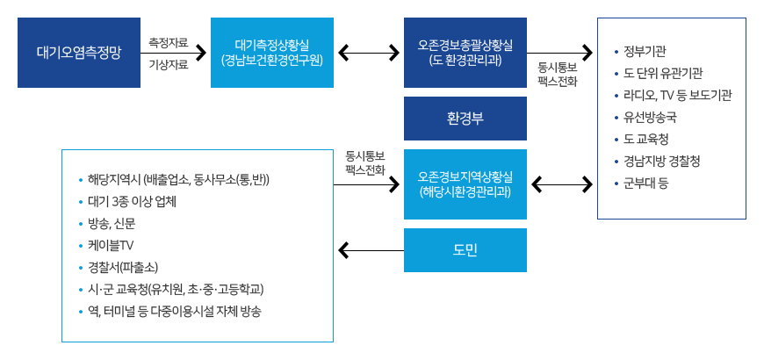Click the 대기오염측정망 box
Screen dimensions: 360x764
click(x=79, y=53)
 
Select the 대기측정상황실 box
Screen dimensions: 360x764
click(x=272, y=53)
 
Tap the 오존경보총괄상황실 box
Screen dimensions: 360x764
click(x=465, y=53)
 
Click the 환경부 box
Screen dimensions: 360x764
click(x=465, y=119)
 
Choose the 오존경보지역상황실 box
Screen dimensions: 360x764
click(x=465, y=184)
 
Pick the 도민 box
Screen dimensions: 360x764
click(x=465, y=250)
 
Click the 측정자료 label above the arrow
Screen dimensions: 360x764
click(x=169, y=41)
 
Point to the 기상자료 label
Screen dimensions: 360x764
click(x=169, y=64)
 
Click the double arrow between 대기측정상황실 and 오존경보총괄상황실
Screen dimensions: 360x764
click(x=369, y=54)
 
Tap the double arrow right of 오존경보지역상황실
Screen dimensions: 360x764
click(x=562, y=185)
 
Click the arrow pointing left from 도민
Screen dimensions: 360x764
click(x=369, y=252)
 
